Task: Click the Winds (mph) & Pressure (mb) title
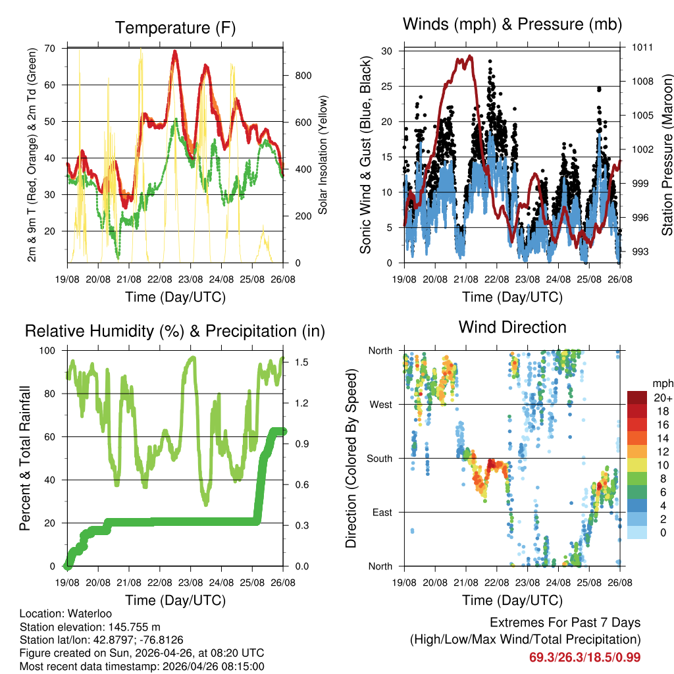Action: [x=512, y=24]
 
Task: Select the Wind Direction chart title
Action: [x=512, y=327]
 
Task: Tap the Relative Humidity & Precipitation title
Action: [x=175, y=331]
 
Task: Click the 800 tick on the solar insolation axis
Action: [x=303, y=76]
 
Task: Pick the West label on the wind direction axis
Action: [x=380, y=404]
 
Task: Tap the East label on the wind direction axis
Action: [x=382, y=512]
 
